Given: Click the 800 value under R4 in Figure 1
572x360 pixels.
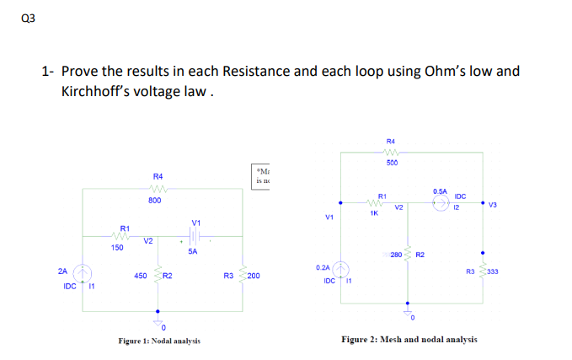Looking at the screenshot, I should pos(155,201).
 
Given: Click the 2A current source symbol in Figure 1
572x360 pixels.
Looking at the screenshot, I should pos(83,273).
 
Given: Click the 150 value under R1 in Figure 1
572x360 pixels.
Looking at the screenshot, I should pos(117,248).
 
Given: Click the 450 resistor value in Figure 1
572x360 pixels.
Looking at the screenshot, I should pos(141,276).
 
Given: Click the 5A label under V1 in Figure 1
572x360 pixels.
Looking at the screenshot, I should pos(193,251).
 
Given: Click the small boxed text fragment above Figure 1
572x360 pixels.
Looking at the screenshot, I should pos(262,175).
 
